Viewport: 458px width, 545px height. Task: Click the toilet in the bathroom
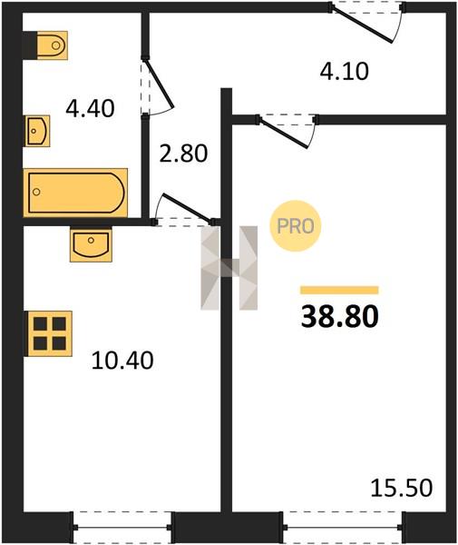52,45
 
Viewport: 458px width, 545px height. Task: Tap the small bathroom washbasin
37,131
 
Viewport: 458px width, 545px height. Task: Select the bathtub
75,193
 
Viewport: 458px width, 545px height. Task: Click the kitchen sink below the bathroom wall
91,244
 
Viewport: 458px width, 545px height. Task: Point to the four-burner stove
49,333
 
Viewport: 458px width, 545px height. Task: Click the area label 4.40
90,108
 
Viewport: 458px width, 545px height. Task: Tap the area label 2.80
183,154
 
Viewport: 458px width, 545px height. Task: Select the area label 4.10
345,72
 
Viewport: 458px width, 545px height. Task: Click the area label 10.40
122,360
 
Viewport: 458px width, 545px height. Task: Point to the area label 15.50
402,487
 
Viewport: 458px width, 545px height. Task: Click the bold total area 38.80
340,316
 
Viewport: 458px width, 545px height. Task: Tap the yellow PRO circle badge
296,226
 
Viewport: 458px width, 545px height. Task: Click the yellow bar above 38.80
339,290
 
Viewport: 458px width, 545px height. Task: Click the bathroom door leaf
159,84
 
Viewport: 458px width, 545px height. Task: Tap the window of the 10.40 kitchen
122,527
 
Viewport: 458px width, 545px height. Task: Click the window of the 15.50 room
343,527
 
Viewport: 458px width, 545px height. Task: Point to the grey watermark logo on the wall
229,268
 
